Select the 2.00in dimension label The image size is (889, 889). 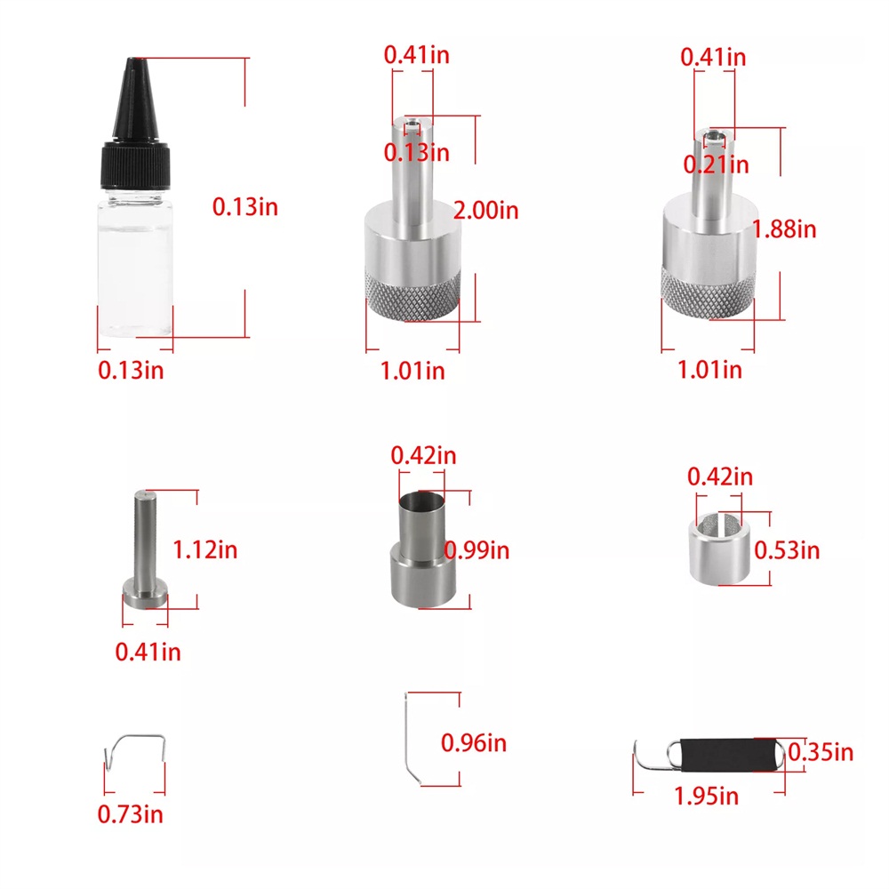[x=486, y=211]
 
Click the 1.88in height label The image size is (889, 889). [x=784, y=229]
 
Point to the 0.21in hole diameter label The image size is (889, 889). [x=716, y=165]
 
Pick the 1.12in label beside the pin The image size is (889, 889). [x=204, y=550]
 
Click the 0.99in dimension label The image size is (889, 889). [x=477, y=550]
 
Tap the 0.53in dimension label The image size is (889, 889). [x=787, y=550]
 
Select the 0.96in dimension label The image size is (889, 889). [x=474, y=743]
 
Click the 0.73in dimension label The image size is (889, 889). [x=131, y=814]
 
